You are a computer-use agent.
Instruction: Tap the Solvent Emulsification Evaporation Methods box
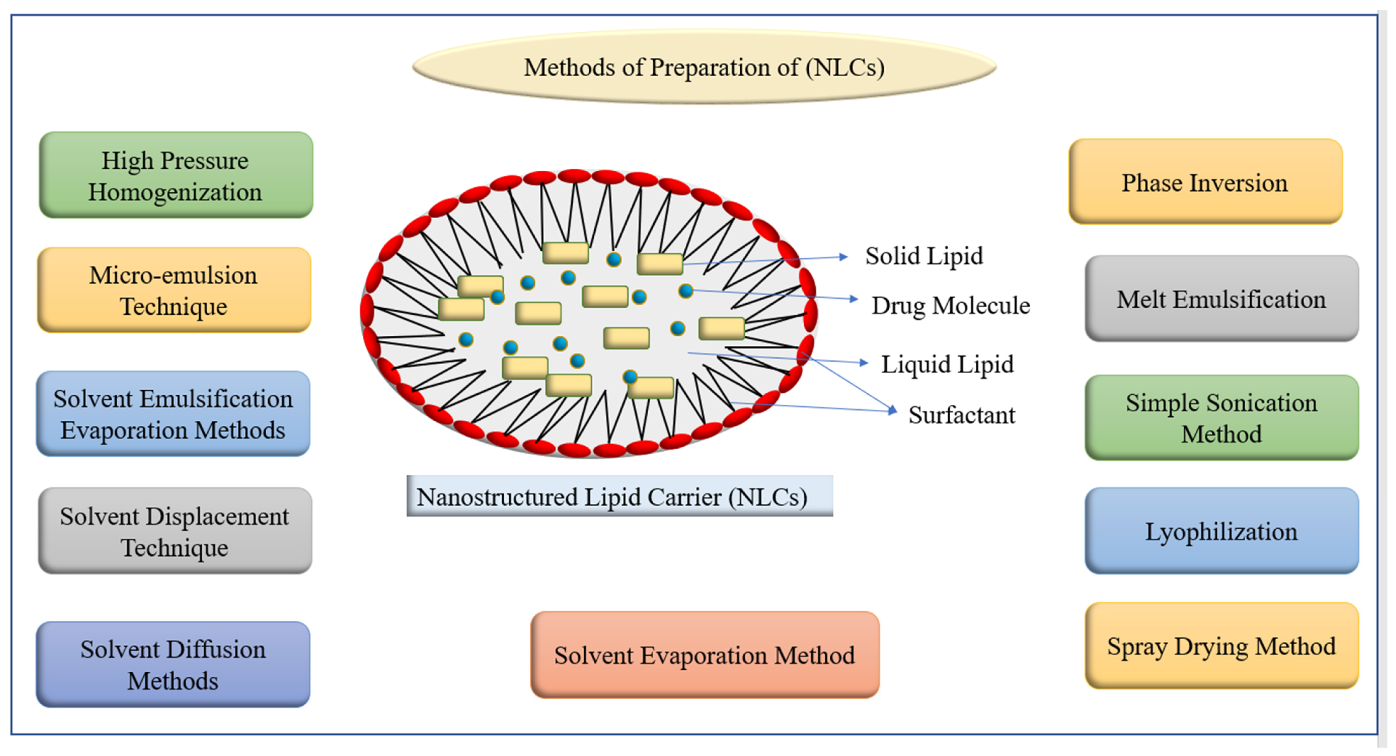click(173, 414)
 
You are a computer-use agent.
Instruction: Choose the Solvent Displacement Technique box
click(175, 531)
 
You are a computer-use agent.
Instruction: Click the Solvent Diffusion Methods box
click(173, 664)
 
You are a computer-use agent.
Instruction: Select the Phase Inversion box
click(1205, 182)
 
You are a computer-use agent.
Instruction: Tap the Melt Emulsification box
click(1221, 299)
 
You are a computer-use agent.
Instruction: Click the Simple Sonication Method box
click(1221, 418)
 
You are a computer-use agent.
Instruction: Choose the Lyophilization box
click(1221, 531)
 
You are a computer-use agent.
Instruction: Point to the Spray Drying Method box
click(1221, 646)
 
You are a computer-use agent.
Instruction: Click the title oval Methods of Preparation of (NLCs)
click(705, 67)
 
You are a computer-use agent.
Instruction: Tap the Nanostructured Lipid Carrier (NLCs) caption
click(619, 496)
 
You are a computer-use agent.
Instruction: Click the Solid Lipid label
click(923, 255)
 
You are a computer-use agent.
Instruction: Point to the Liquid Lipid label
click(947, 364)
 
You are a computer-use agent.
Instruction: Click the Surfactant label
click(961, 415)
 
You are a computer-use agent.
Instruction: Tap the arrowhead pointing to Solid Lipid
click(843, 257)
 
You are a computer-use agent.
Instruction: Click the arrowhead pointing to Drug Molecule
click(854, 299)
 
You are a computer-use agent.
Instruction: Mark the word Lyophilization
click(1221, 531)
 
